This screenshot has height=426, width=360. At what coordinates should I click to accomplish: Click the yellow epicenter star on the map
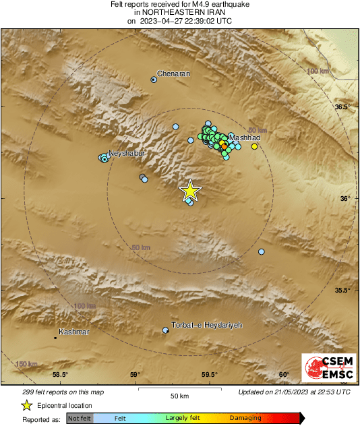[191, 191]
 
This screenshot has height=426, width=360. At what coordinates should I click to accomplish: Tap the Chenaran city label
[174, 73]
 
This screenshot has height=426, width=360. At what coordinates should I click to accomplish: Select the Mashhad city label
[245, 138]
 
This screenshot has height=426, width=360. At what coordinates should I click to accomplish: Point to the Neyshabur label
[127, 153]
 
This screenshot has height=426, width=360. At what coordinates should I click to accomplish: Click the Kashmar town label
[74, 332]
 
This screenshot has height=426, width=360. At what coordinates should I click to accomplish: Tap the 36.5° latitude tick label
[344, 107]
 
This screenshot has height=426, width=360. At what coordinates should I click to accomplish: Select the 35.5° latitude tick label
[344, 291]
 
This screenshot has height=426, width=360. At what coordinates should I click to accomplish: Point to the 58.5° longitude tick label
[60, 375]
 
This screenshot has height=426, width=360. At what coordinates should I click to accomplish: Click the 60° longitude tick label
[283, 375]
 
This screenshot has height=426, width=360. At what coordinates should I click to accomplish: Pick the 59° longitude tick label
[135, 375]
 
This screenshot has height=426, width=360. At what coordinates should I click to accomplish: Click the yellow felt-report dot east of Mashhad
[254, 146]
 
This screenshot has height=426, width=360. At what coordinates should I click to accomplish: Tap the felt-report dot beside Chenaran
[154, 80]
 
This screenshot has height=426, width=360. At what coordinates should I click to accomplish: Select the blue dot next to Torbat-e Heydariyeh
[166, 330]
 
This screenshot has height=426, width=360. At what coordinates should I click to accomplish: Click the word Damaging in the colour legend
[245, 419]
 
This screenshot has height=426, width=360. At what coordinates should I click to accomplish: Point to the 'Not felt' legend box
[80, 419]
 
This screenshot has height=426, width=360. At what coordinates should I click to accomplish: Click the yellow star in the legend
[26, 405]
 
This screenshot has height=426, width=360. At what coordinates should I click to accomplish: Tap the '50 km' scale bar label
[179, 395]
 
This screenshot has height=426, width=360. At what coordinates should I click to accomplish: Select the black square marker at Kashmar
[55, 336]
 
